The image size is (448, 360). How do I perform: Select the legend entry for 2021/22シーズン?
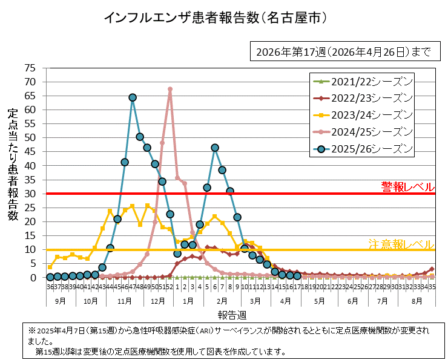[x=361, y=81]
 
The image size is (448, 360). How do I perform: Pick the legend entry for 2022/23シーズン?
[x=361, y=98]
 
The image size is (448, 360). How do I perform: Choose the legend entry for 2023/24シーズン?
[x=361, y=115]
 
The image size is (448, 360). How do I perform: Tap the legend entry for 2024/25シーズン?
[x=361, y=132]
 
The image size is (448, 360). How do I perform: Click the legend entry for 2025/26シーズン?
[x=361, y=149]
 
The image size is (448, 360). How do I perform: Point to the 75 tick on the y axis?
[x=30, y=68]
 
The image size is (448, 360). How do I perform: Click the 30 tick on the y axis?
[x=30, y=194]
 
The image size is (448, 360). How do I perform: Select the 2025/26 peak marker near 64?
[x=133, y=97]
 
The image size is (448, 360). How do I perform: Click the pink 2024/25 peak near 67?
[x=170, y=90]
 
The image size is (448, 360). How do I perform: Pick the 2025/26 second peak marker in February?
[x=215, y=148]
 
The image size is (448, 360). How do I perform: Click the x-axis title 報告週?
[x=232, y=315]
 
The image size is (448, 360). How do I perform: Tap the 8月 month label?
[x=417, y=300]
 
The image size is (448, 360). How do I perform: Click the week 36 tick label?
[x=50, y=287]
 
